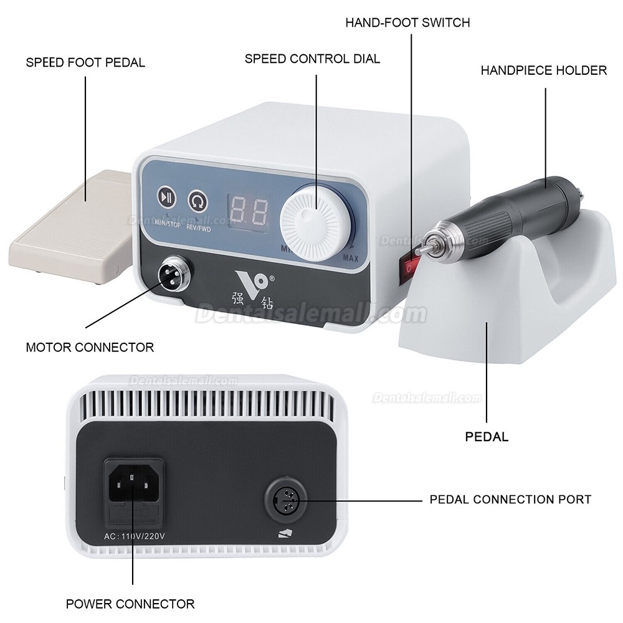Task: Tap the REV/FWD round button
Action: point(197,200)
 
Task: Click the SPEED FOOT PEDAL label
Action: point(85,62)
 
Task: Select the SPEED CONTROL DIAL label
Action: point(312,59)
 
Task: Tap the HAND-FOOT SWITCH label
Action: point(407,23)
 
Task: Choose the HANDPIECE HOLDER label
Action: point(543,70)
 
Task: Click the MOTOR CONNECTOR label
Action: point(90,347)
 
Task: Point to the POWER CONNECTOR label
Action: point(130,604)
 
